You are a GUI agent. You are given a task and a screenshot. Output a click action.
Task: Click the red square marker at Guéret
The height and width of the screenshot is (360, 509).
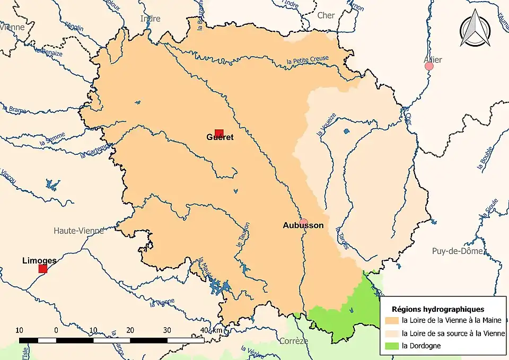click(x=219, y=134)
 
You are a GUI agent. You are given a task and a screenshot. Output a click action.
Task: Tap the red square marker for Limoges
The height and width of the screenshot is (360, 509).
click(x=43, y=269)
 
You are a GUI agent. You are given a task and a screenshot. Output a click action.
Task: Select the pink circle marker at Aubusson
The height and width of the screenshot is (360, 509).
click(x=303, y=222)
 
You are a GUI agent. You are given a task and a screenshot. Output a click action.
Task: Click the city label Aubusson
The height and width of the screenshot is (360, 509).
click(x=303, y=225)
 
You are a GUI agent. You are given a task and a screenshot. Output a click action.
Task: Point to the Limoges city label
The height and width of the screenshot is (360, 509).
click(x=39, y=261)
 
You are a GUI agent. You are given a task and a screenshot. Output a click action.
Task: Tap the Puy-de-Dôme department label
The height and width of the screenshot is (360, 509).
click(x=458, y=251)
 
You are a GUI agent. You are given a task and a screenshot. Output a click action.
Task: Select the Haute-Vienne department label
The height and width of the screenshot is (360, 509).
click(x=79, y=231)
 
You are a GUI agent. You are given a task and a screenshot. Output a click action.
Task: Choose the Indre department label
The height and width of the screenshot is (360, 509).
click(x=150, y=19)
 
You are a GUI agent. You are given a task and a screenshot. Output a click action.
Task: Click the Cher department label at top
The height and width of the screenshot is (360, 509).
click(x=326, y=15)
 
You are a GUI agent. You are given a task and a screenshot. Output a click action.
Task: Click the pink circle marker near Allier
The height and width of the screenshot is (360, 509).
click(x=429, y=66)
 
